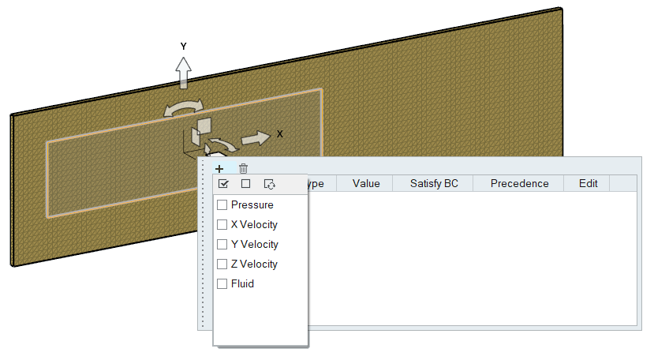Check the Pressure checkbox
(222, 205)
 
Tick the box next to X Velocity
(222, 225)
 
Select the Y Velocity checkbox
(222, 245)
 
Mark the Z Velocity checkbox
(222, 264)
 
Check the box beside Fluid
(222, 284)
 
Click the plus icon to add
(219, 168)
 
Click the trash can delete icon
(244, 168)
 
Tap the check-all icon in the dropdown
(223, 184)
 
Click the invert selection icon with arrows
(269, 184)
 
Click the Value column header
(366, 184)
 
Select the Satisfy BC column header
(434, 184)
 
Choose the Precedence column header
(519, 184)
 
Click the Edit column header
(589, 184)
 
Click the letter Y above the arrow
(183, 47)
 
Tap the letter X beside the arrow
(279, 134)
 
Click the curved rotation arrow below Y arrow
(183, 107)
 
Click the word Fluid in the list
(242, 284)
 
